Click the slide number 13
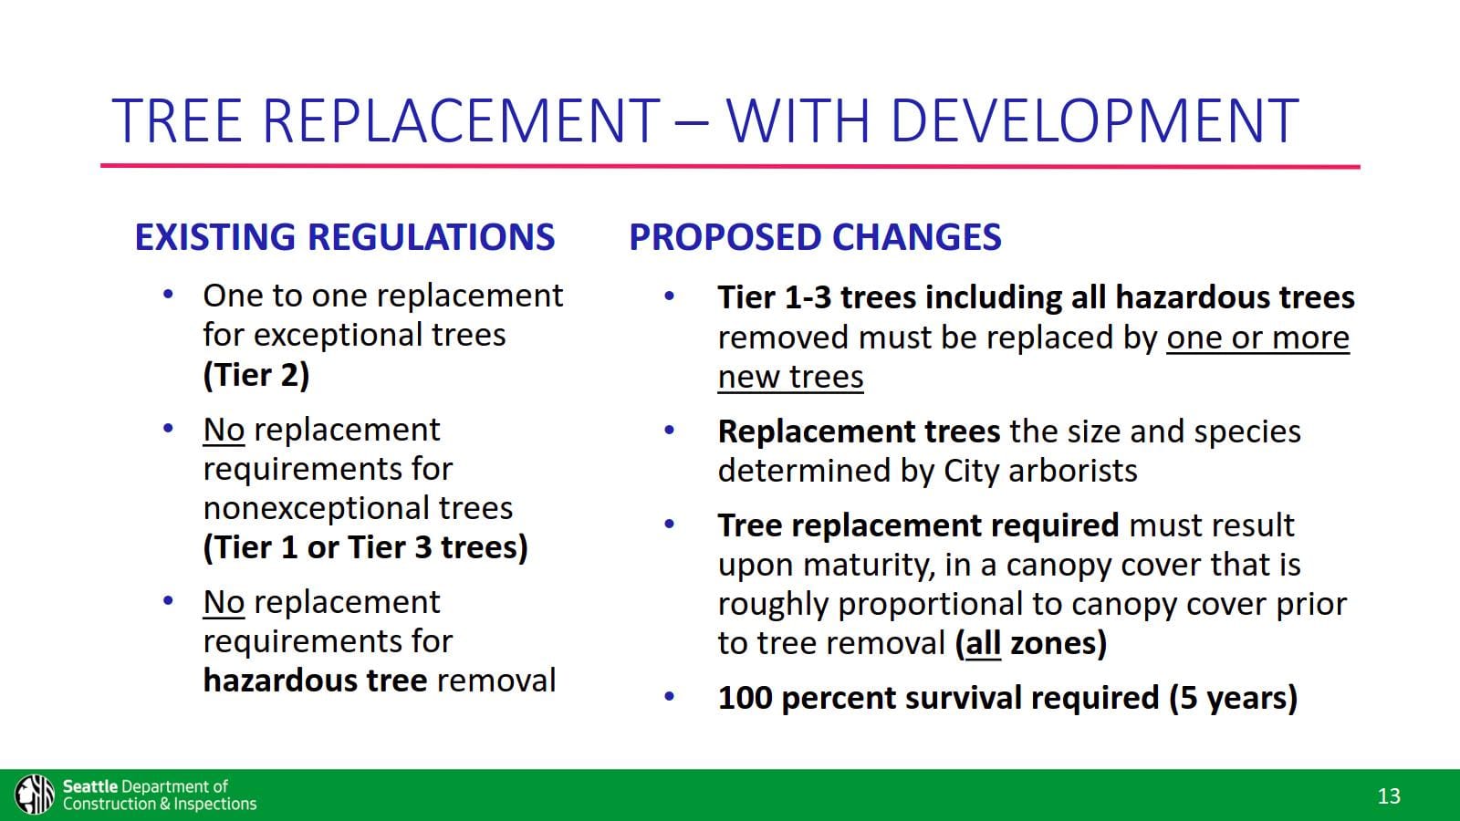point(1388,796)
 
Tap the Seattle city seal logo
point(35,794)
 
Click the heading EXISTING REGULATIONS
point(344,237)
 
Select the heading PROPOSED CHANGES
point(815,237)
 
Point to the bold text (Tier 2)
point(255,375)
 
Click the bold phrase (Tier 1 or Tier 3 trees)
point(365,547)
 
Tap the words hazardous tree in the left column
point(315,681)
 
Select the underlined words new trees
point(790,377)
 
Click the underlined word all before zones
point(983,643)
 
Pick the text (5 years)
point(1233,698)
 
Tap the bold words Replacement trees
point(859,431)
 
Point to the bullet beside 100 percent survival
point(669,697)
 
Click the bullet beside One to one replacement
point(168,295)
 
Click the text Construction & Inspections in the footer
point(160,805)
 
